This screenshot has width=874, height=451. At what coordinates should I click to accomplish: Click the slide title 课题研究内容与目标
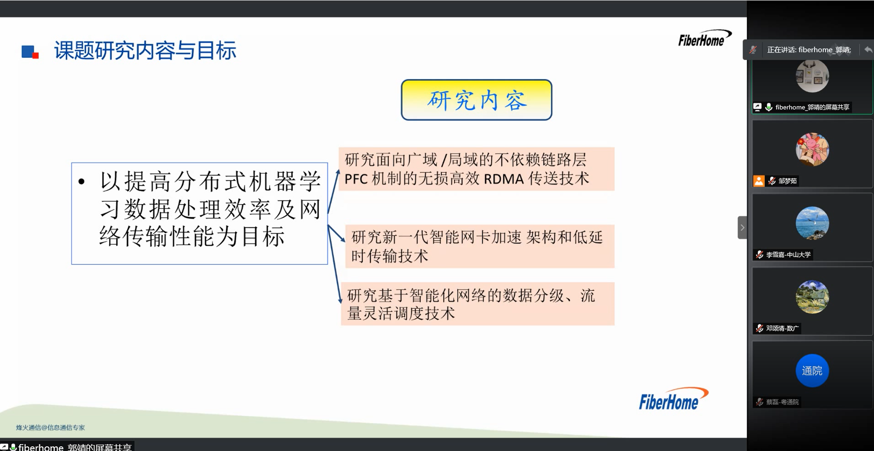(145, 50)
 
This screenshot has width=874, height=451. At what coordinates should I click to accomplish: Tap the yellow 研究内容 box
(477, 100)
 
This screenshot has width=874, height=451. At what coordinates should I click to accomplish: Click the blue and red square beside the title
(30, 52)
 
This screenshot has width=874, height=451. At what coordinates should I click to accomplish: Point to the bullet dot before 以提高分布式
(82, 182)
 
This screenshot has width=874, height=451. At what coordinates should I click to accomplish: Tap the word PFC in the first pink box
(356, 179)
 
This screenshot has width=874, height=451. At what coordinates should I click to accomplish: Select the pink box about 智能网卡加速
(480, 246)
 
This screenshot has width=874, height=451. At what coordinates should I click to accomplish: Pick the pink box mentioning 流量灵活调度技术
(477, 304)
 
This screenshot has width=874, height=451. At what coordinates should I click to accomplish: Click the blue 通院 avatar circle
(812, 370)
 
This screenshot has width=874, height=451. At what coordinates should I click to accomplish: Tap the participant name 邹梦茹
(788, 181)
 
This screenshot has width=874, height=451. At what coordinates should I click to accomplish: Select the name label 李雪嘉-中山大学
(788, 255)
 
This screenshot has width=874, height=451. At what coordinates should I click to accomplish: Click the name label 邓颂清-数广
(782, 328)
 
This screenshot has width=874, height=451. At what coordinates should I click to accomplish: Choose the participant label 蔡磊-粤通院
(782, 402)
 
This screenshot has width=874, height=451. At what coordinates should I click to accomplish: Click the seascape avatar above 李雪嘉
(812, 223)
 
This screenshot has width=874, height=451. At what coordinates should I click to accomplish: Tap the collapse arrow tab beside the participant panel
(742, 227)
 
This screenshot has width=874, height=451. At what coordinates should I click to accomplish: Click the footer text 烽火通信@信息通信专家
(50, 428)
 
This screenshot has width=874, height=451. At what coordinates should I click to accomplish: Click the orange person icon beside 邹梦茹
(759, 181)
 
